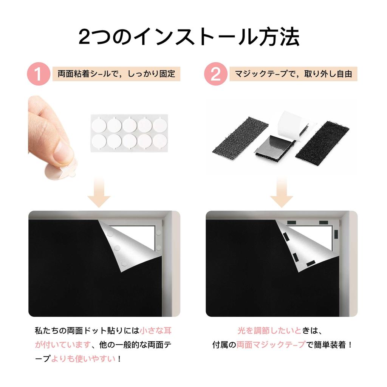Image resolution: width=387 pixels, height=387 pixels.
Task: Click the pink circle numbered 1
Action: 39,74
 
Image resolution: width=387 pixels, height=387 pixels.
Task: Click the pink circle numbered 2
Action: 216,74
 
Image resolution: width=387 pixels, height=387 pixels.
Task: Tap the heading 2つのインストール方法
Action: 189,37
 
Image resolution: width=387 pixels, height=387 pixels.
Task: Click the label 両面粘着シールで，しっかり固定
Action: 116,74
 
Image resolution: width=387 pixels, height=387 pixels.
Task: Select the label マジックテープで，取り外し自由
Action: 293,74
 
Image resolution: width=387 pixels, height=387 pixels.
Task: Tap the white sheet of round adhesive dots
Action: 129,133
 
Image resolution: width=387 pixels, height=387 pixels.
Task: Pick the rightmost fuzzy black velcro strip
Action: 322,140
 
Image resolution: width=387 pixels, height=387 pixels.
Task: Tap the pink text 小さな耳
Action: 155,330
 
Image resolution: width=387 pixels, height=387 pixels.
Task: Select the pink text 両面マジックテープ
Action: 271,345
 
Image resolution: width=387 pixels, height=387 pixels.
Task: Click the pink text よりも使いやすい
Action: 84,359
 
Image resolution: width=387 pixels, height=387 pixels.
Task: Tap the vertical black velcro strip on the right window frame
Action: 336,234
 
